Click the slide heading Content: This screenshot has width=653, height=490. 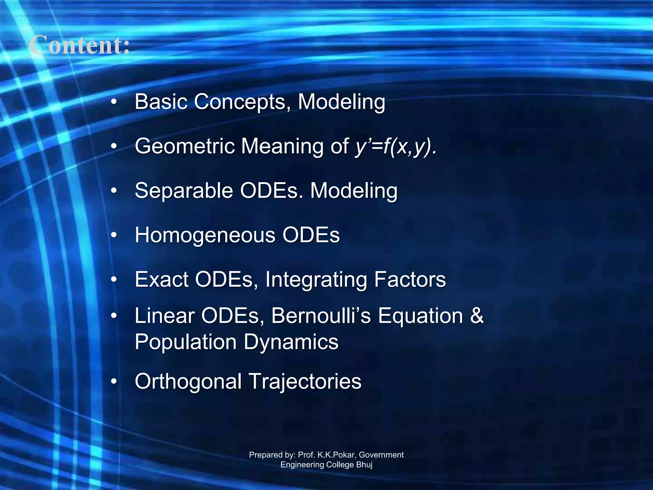point(80,45)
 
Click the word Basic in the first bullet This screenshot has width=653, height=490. point(161,102)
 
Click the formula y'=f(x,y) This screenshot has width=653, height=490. point(396,147)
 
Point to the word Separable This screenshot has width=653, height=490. point(184,191)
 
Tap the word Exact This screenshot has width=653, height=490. point(161,279)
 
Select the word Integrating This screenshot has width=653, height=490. point(316,280)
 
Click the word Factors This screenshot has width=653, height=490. point(410,279)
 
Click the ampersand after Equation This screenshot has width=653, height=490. point(477,316)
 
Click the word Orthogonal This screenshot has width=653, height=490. point(188,382)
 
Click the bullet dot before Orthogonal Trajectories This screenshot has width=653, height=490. point(114,382)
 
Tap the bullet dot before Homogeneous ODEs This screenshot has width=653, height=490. point(114,235)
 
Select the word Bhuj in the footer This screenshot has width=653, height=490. point(364,465)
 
